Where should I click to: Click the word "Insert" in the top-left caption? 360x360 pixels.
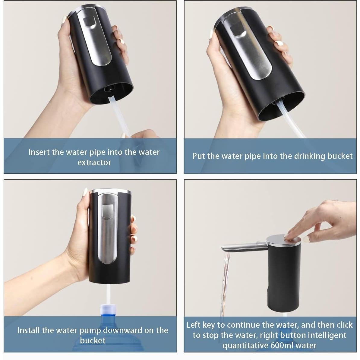point(39,152)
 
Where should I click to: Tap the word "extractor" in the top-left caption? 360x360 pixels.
point(94,163)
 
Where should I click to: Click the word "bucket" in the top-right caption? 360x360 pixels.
point(340,156)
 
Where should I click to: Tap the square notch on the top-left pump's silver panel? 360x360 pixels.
point(89,22)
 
